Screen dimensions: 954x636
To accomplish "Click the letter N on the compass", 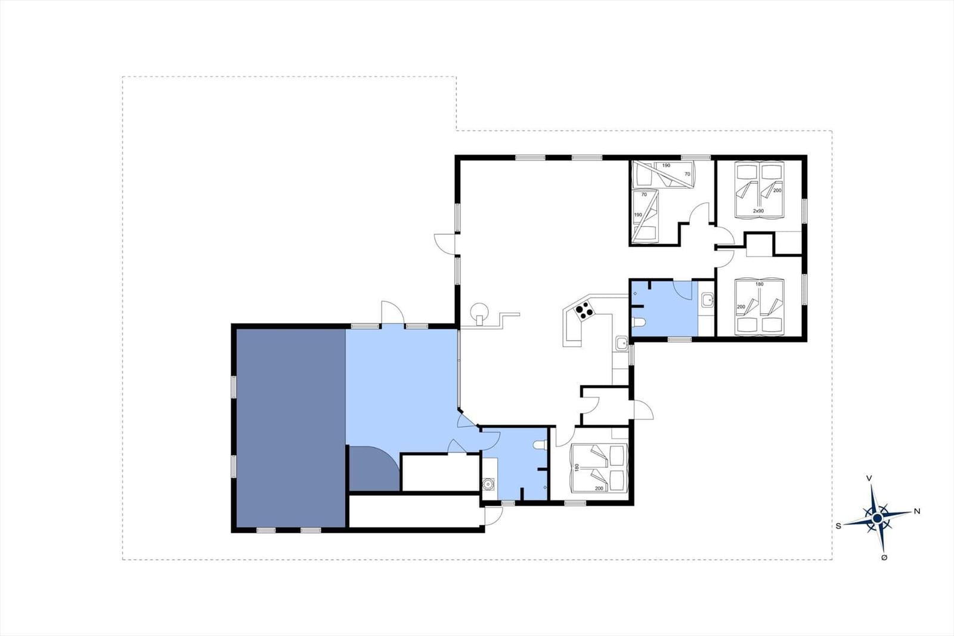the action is coord(917,511).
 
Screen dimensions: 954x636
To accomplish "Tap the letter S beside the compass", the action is coord(838,526).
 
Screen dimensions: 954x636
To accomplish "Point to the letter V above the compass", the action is coord(869,478).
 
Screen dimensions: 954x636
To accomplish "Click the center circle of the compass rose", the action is coord(877,518).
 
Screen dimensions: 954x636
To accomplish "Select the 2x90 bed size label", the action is coord(758,211).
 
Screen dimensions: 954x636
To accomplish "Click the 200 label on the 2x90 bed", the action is coord(778,190).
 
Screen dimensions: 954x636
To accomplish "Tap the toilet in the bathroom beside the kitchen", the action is coord(639,322).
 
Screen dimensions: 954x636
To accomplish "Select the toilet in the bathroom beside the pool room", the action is coord(540,445).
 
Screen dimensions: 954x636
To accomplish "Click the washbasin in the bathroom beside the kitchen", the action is coord(707,300).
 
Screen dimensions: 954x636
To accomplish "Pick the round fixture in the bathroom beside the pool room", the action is coord(487,484).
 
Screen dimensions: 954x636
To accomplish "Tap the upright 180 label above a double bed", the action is coord(760,284).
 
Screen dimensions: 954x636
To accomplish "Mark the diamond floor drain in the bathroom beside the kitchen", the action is coord(635,294).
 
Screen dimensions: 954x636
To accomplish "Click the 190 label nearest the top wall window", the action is coord(666,165).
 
